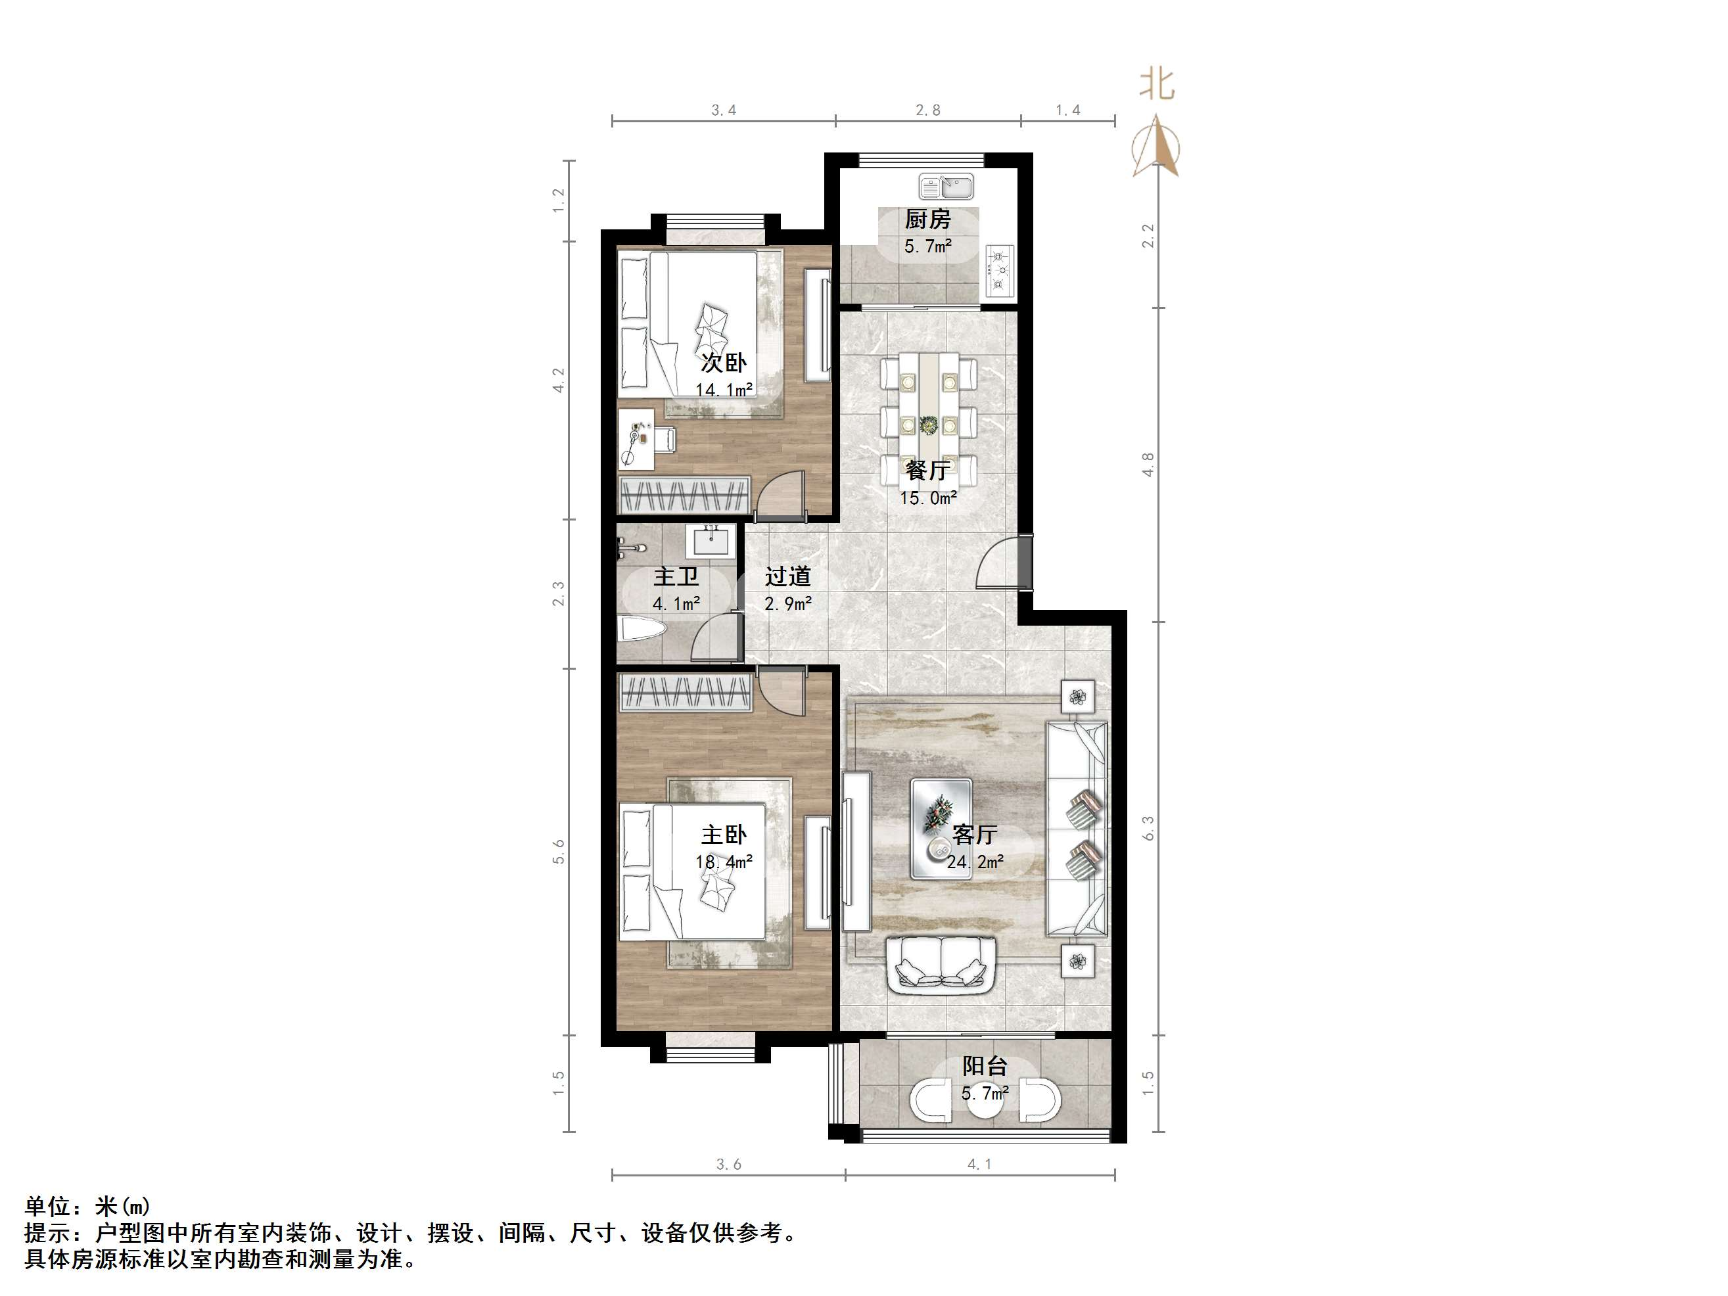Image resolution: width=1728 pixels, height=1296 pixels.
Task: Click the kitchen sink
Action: point(945,187)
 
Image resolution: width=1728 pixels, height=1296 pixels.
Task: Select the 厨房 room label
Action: point(928,220)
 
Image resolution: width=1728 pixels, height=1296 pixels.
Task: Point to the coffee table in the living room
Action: point(941,828)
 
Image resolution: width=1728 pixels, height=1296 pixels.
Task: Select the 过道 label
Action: point(787,576)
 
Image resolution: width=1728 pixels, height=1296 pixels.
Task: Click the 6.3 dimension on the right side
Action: point(1148,828)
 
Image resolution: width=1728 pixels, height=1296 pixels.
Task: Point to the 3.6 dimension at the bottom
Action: point(728,1165)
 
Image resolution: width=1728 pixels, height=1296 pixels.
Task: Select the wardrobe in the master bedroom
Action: point(685,692)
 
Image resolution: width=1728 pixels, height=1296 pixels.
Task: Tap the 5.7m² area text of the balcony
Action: point(985,1094)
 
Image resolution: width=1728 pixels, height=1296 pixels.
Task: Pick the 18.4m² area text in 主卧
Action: point(724,862)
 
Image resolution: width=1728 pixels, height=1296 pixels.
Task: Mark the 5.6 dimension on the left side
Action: point(558,852)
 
